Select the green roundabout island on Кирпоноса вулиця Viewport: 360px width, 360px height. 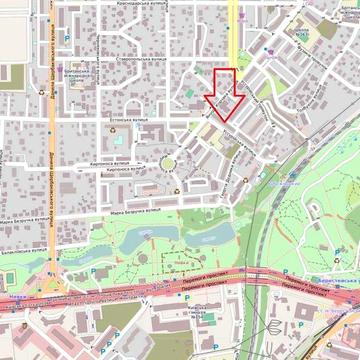[x=166, y=162]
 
